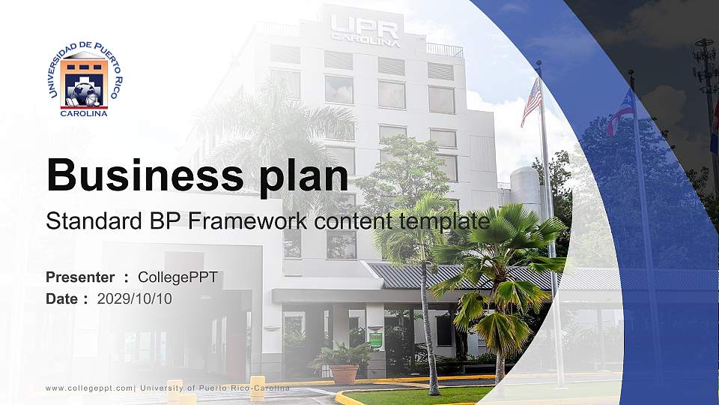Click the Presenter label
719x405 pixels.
(80, 277)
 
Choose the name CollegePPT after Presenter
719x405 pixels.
(178, 277)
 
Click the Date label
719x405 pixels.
(62, 298)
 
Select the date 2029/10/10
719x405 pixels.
(134, 298)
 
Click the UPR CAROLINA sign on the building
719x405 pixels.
(365, 30)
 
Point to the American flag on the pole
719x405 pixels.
(531, 100)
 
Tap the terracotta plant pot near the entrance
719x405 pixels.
(344, 373)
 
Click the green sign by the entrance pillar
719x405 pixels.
(376, 338)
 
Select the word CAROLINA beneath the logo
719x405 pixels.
(84, 113)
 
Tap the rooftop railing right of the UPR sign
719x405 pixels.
(445, 50)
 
